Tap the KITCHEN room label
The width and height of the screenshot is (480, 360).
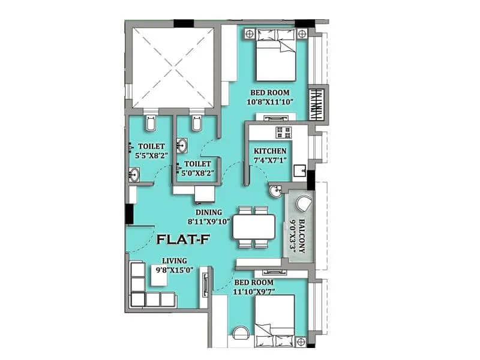click(270, 150)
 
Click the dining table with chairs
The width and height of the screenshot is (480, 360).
click(253, 227)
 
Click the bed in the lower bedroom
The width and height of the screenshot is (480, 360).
click(275, 321)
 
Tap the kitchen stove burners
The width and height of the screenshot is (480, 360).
click(282, 131)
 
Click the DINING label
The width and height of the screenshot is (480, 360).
click(208, 212)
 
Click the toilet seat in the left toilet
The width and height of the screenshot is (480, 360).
click(150, 125)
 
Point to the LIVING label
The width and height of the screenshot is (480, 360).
click(175, 261)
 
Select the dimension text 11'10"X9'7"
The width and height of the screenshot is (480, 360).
click(254, 292)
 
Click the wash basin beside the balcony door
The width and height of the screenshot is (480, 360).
click(275, 192)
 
